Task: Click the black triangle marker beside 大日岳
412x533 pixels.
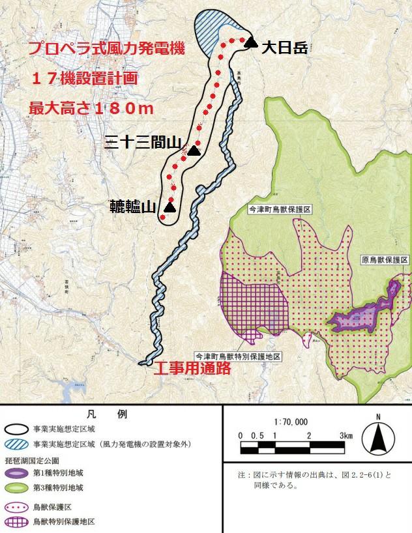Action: tap(251, 43)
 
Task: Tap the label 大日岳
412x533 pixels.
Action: tap(284, 47)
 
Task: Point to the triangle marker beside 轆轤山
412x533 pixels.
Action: tap(169, 207)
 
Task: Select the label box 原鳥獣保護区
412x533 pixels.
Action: tap(385, 259)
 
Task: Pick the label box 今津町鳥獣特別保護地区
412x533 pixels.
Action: tap(239, 356)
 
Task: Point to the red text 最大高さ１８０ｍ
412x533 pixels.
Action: tap(91, 108)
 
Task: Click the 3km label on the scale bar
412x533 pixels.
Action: tap(345, 435)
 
